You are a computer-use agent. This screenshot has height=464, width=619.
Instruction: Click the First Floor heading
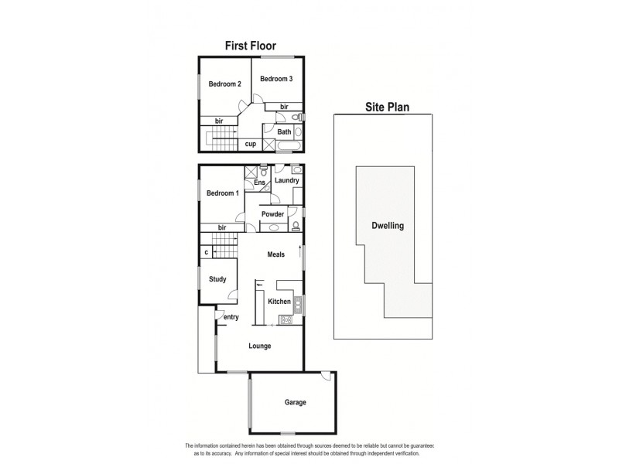click(x=250, y=46)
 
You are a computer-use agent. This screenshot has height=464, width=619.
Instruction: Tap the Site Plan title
click(x=388, y=107)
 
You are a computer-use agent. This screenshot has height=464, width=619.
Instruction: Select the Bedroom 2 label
click(x=224, y=84)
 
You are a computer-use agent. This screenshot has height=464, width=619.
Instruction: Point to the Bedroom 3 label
click(x=275, y=79)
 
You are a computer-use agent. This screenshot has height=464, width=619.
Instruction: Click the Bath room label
click(x=284, y=131)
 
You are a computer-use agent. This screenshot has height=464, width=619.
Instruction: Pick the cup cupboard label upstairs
click(x=251, y=144)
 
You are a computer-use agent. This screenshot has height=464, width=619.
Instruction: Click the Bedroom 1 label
click(x=222, y=193)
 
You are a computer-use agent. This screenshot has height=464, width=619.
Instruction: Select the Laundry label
click(x=286, y=181)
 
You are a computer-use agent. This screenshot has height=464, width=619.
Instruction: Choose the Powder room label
click(x=273, y=214)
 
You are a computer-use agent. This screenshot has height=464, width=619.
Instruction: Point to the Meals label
click(x=276, y=254)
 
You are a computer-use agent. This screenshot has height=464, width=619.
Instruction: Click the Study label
click(x=217, y=279)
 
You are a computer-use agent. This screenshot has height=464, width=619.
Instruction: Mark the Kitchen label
click(x=279, y=301)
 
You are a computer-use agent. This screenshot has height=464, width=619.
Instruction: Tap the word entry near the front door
click(x=231, y=317)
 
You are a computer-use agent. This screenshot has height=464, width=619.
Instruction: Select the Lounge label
click(x=260, y=346)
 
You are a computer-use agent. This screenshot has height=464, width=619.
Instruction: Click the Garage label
click(x=296, y=402)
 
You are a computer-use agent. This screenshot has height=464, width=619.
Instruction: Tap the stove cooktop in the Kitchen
click(x=285, y=320)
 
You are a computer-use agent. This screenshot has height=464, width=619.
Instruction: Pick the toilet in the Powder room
click(x=296, y=226)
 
